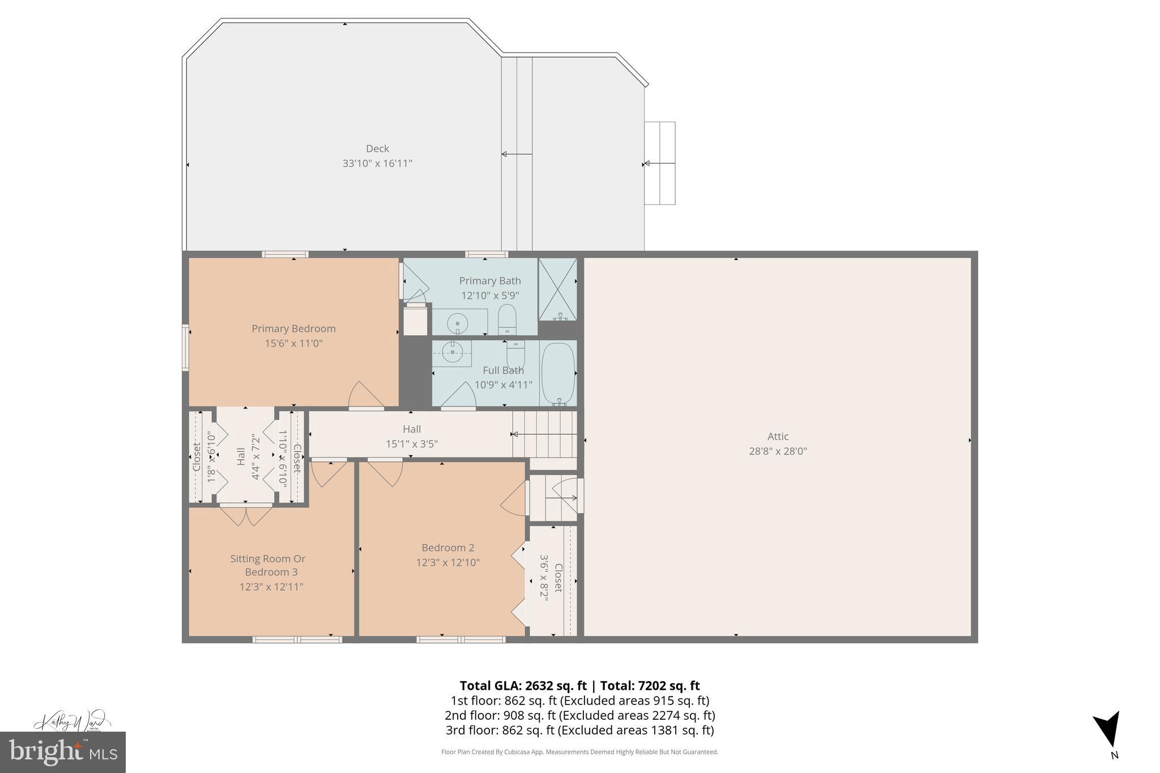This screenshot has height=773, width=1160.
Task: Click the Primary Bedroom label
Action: coord(293,328)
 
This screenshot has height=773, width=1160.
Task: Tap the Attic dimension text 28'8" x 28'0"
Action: coord(778,451)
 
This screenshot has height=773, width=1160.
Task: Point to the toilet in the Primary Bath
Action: coord(507,319)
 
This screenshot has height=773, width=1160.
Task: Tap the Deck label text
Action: coord(377,148)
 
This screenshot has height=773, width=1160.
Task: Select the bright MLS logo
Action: coord(63,752)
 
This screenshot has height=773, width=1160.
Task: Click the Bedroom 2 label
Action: coord(447,548)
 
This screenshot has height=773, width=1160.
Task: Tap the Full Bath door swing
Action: coord(459,396)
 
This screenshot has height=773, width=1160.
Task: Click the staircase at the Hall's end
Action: coord(544,434)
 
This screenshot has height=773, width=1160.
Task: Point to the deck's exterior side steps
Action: coord(660,163)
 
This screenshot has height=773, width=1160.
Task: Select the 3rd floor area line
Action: coord(579,730)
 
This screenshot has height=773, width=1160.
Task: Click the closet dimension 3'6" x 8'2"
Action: coord(544,577)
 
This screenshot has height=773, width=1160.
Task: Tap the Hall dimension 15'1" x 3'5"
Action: coord(412,444)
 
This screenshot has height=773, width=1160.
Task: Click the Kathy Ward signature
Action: coord(70,723)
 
